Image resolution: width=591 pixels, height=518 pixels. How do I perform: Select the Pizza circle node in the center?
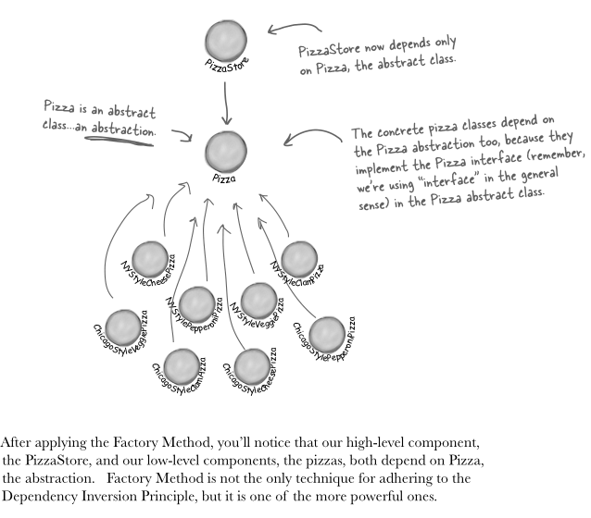(x=226, y=150)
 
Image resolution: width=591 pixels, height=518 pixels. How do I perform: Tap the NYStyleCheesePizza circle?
(x=149, y=258)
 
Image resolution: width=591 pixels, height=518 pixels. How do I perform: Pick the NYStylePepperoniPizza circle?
(x=197, y=302)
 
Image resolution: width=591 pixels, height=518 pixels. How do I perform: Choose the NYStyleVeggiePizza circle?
(x=258, y=299)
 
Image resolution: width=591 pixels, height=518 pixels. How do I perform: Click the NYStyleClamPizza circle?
(x=298, y=258)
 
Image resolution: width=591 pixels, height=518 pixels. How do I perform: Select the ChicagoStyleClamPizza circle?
(x=182, y=364)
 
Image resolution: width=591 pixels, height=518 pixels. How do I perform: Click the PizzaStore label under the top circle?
(x=225, y=67)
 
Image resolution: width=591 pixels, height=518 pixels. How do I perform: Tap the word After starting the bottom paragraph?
(x=19, y=442)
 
